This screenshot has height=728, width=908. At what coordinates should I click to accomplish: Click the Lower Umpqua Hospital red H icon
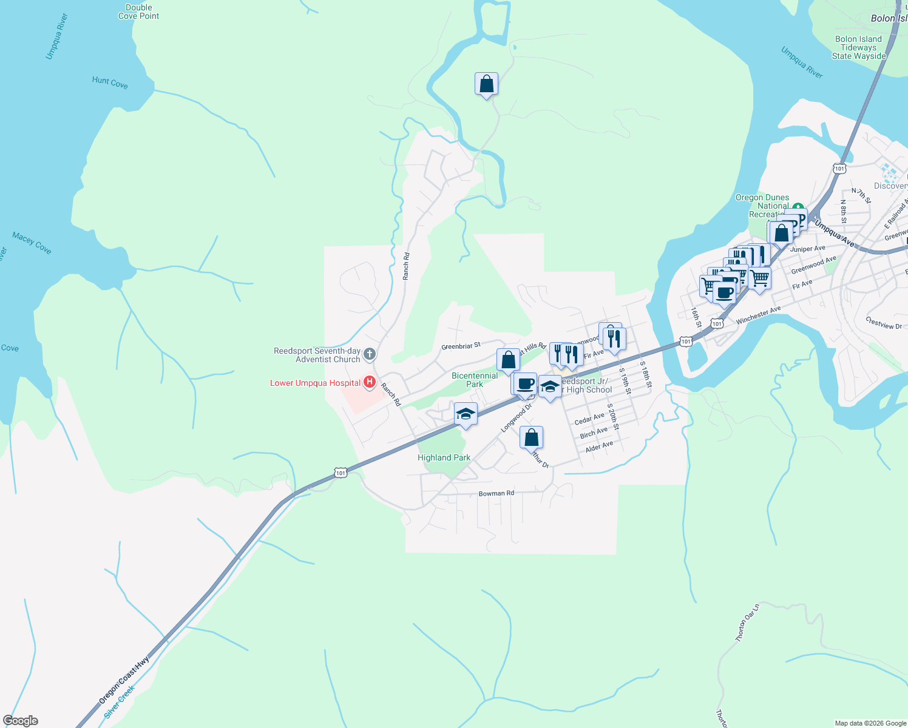pyautogui.click(x=369, y=382)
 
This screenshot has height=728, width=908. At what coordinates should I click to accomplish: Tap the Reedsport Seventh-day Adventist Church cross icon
pyautogui.click(x=369, y=353)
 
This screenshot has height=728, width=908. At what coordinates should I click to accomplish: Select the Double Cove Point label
pyautogui.click(x=138, y=12)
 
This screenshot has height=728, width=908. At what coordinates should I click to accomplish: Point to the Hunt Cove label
pyautogui.click(x=110, y=83)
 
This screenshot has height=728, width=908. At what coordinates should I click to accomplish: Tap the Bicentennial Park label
pyautogui.click(x=475, y=380)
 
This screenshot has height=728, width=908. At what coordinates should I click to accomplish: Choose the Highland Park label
pyautogui.click(x=444, y=457)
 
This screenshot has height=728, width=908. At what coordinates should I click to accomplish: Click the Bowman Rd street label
pyautogui.click(x=496, y=493)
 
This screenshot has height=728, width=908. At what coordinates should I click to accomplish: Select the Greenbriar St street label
pyautogui.click(x=461, y=346)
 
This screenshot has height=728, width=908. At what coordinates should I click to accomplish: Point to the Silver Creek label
pyautogui.click(x=119, y=702)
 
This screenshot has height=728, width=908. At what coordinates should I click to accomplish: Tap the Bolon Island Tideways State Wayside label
pyautogui.click(x=858, y=47)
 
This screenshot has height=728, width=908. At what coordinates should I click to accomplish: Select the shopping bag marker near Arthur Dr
pyautogui.click(x=531, y=437)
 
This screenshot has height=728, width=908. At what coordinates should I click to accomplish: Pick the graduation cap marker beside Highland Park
pyautogui.click(x=466, y=414)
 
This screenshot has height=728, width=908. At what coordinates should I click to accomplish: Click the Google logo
pyautogui.click(x=21, y=721)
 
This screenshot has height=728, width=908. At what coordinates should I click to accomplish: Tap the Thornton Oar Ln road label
pyautogui.click(x=747, y=622)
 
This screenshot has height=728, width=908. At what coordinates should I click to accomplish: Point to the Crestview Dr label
pyautogui.click(x=884, y=323)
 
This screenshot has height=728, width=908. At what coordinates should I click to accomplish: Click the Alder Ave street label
pyautogui.click(x=599, y=447)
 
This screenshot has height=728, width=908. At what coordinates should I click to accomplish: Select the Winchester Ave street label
pyautogui.click(x=758, y=315)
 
